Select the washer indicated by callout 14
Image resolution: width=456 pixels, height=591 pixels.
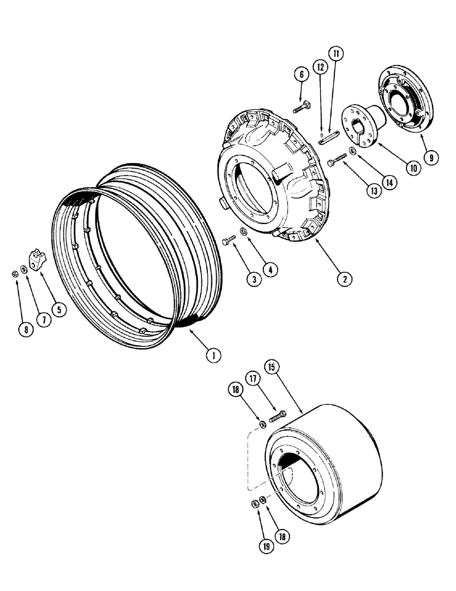coord(353,152)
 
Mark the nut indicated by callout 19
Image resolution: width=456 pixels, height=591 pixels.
coord(255,504)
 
